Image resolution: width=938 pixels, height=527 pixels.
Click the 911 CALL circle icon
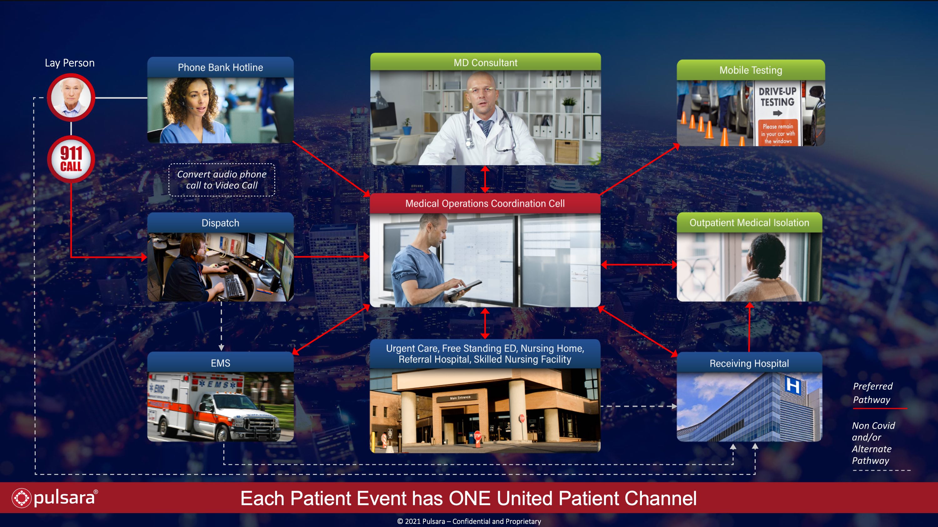click(71, 159)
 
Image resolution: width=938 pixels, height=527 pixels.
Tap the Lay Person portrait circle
click(71, 97)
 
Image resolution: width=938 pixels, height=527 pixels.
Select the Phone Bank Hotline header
click(220, 67)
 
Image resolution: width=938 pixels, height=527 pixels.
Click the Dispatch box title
click(220, 223)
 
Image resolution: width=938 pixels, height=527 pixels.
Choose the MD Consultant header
click(485, 62)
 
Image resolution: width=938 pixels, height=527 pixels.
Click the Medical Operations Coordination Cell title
click(485, 203)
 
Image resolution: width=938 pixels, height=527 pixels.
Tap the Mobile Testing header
click(751, 70)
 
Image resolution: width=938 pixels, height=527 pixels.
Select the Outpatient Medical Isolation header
click(749, 223)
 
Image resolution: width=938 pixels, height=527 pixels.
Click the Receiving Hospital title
click(749, 363)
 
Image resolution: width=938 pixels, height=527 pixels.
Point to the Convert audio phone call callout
click(222, 180)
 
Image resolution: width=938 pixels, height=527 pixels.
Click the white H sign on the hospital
click(793, 385)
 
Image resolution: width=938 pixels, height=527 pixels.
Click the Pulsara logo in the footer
click(55, 498)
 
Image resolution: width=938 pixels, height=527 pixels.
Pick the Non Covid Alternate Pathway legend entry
click(874, 443)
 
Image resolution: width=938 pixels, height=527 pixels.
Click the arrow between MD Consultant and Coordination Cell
click(485, 179)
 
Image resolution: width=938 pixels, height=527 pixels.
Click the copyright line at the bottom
click(469, 521)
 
